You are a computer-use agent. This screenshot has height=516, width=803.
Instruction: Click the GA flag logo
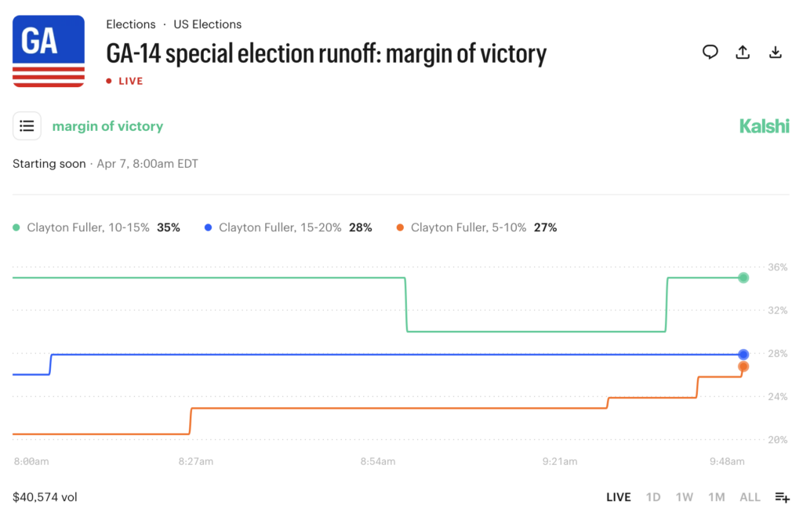coord(49,51)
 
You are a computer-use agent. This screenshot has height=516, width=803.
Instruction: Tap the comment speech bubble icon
coord(710,53)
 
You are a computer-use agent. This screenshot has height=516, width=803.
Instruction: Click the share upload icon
coord(743,53)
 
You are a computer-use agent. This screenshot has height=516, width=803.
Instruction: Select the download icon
coord(775,53)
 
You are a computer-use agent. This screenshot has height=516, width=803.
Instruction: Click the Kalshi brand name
coord(764,126)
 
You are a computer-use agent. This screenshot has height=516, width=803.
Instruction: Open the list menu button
coord(27,126)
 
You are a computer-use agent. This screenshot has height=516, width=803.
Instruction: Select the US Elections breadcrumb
coord(207,24)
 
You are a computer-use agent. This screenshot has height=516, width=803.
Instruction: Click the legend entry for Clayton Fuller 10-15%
coord(96,227)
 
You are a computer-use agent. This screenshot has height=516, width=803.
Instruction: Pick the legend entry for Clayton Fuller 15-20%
coord(288,227)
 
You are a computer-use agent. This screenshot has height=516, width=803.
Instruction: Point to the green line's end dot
coord(743,278)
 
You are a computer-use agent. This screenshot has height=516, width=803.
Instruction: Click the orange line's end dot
coord(743,366)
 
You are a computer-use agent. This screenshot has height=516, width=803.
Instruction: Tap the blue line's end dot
coord(743,354)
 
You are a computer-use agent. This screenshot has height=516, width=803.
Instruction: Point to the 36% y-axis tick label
coord(777,267)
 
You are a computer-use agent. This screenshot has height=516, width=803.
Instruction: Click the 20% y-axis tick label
coord(777,440)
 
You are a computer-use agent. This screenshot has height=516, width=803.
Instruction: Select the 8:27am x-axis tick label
coord(195,462)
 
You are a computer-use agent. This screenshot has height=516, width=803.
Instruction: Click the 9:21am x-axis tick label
coord(560,462)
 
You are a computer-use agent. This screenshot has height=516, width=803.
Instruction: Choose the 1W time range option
coord(684,497)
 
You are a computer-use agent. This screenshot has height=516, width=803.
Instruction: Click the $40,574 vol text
coord(45,497)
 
